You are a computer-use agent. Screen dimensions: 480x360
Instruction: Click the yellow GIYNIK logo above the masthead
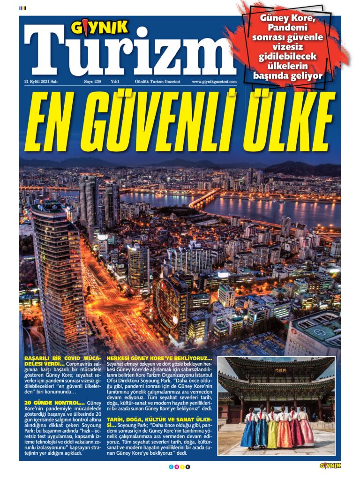coord(99,28)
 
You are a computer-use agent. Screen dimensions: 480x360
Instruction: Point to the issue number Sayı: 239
coord(92,82)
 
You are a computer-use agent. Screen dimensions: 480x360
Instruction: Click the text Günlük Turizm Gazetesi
coord(157,82)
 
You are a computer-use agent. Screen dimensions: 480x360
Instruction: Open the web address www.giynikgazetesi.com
coord(214,82)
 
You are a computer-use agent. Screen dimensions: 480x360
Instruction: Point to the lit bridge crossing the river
coord(204,199)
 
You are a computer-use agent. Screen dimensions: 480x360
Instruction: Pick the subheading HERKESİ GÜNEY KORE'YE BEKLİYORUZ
coord(159,359)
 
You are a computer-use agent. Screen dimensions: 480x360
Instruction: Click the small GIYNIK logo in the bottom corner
coord(330,466)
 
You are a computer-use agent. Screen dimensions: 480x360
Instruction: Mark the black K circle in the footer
coord(188,467)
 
